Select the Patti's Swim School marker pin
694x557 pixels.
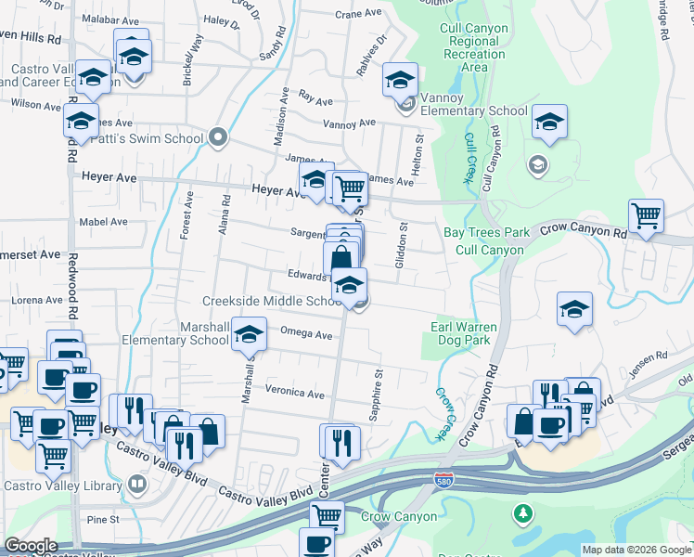[219, 138]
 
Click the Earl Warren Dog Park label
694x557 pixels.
[464, 334]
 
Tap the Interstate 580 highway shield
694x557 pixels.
[444, 480]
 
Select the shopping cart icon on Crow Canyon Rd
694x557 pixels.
[646, 215]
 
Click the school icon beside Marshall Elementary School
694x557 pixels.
[249, 333]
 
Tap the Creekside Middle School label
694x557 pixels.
[273, 301]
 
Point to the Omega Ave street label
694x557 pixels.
[305, 334]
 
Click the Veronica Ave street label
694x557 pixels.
[295, 393]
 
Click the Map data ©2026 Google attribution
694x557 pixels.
[636, 550]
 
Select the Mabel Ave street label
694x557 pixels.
[104, 222]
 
